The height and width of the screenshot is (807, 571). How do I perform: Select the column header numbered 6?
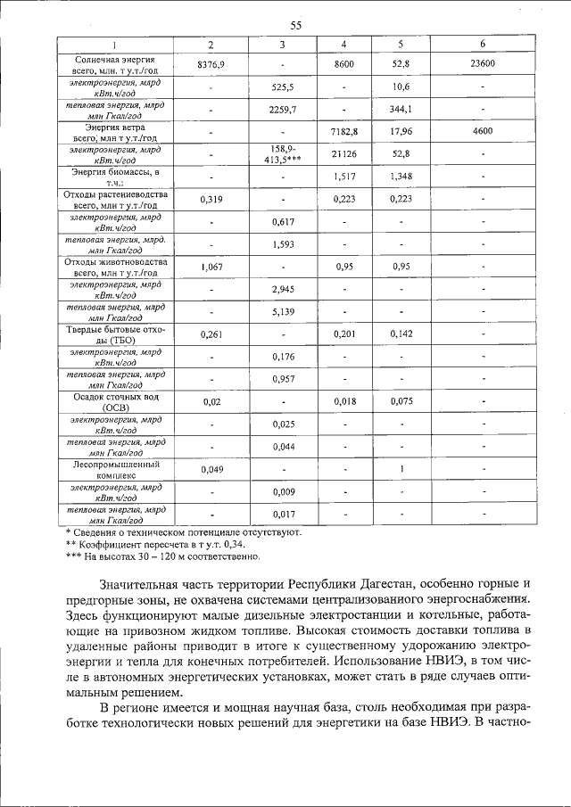click(482, 44)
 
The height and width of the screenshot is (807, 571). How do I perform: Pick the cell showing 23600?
click(482, 64)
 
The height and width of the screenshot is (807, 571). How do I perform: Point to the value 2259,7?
click(282, 110)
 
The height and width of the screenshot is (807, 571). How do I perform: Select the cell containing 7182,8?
click(344, 132)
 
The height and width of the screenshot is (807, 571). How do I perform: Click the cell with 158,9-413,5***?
click(282, 154)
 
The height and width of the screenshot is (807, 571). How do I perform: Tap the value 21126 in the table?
click(344, 154)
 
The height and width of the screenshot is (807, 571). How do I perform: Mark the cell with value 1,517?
click(344, 177)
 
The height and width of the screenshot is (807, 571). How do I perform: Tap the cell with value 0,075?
click(402, 402)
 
